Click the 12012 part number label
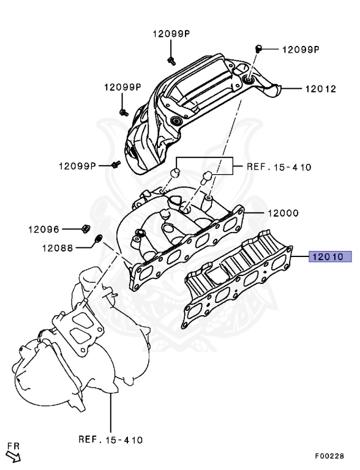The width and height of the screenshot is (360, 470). click(321, 88)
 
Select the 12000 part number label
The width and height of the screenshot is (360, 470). click(283, 214)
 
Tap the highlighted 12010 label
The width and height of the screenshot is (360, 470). click(330, 258)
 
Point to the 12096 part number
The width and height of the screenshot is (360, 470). click(43, 230)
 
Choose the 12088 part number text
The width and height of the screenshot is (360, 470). click(58, 248)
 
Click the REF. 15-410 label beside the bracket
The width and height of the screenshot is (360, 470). click(279, 166)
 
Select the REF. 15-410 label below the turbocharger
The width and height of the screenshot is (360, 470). click(111, 439)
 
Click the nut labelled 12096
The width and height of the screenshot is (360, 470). click(84, 229)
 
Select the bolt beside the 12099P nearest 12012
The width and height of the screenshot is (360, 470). click(258, 48)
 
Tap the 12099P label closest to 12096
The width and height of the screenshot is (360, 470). click(77, 166)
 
